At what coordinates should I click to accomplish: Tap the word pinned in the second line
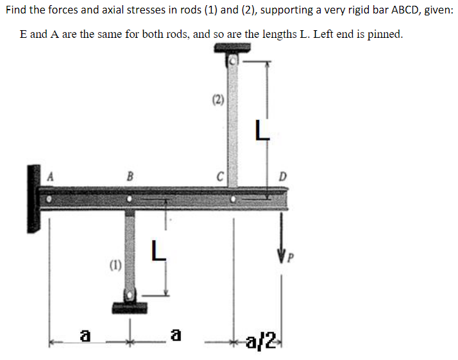pyautogui.click(x=386, y=34)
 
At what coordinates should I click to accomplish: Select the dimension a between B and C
pyautogui.click(x=174, y=335)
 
